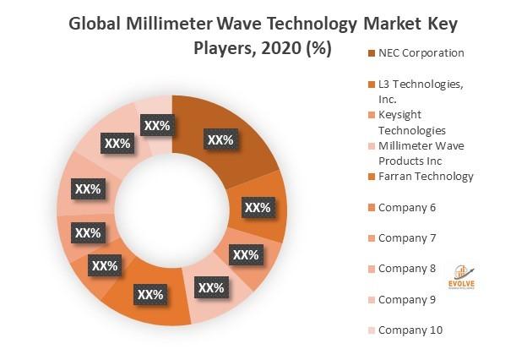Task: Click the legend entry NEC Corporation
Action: click(x=421, y=52)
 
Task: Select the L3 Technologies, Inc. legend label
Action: click(x=420, y=90)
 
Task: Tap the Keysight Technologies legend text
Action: click(x=411, y=123)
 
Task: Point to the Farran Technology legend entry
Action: click(x=426, y=176)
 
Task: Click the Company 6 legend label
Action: click(x=407, y=207)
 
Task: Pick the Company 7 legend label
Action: click(x=407, y=237)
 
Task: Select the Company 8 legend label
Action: click(x=407, y=268)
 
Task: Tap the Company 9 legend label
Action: click(x=407, y=299)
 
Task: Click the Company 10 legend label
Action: click(x=410, y=330)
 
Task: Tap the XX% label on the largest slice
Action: click(x=220, y=140)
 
